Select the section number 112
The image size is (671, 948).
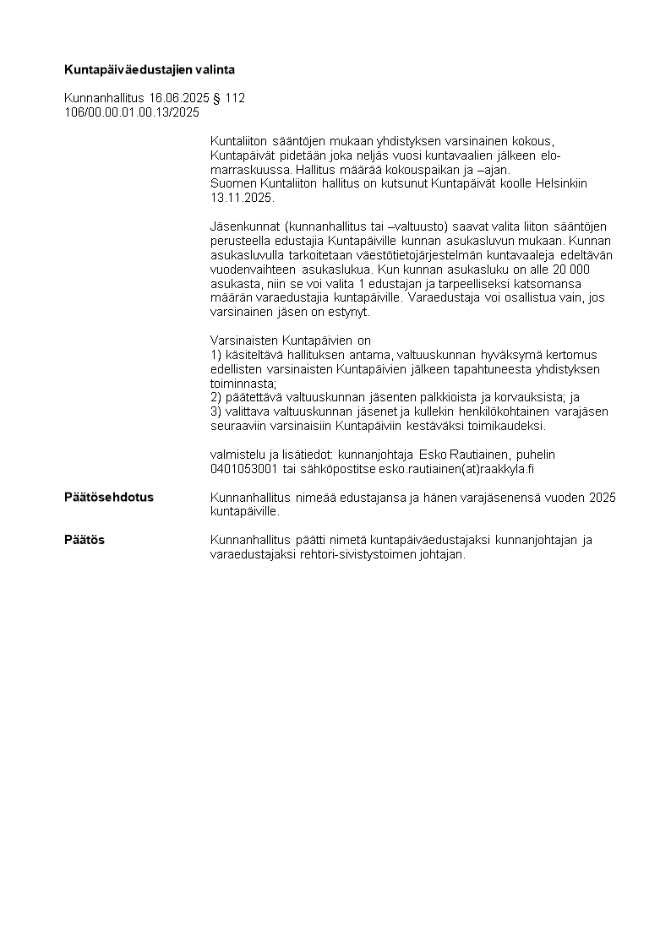[x=235, y=98]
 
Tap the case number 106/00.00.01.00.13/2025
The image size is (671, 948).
[x=132, y=112]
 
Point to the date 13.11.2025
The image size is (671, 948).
[x=242, y=197]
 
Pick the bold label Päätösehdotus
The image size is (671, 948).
[x=109, y=497]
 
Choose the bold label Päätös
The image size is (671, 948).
[x=85, y=540]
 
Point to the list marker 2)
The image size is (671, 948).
[x=217, y=397]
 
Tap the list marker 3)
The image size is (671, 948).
[x=217, y=411]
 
